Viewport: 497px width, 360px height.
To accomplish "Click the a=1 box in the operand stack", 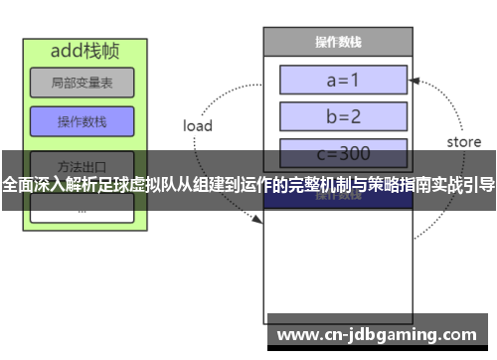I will click(343, 79).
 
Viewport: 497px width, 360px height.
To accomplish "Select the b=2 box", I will click(343, 116).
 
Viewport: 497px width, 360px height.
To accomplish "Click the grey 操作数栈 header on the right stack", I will click(338, 42).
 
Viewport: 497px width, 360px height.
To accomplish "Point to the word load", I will click(198, 126).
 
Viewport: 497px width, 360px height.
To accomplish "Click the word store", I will click(463, 142).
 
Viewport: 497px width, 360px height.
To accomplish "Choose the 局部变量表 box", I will click(82, 83).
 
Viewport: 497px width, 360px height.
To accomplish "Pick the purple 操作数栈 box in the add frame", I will click(82, 122).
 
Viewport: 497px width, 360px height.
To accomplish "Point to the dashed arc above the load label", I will click(224, 90).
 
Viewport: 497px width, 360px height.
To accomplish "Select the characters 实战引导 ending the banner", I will click(462, 185).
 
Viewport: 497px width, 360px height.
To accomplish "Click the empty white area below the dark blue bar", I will click(338, 259).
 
